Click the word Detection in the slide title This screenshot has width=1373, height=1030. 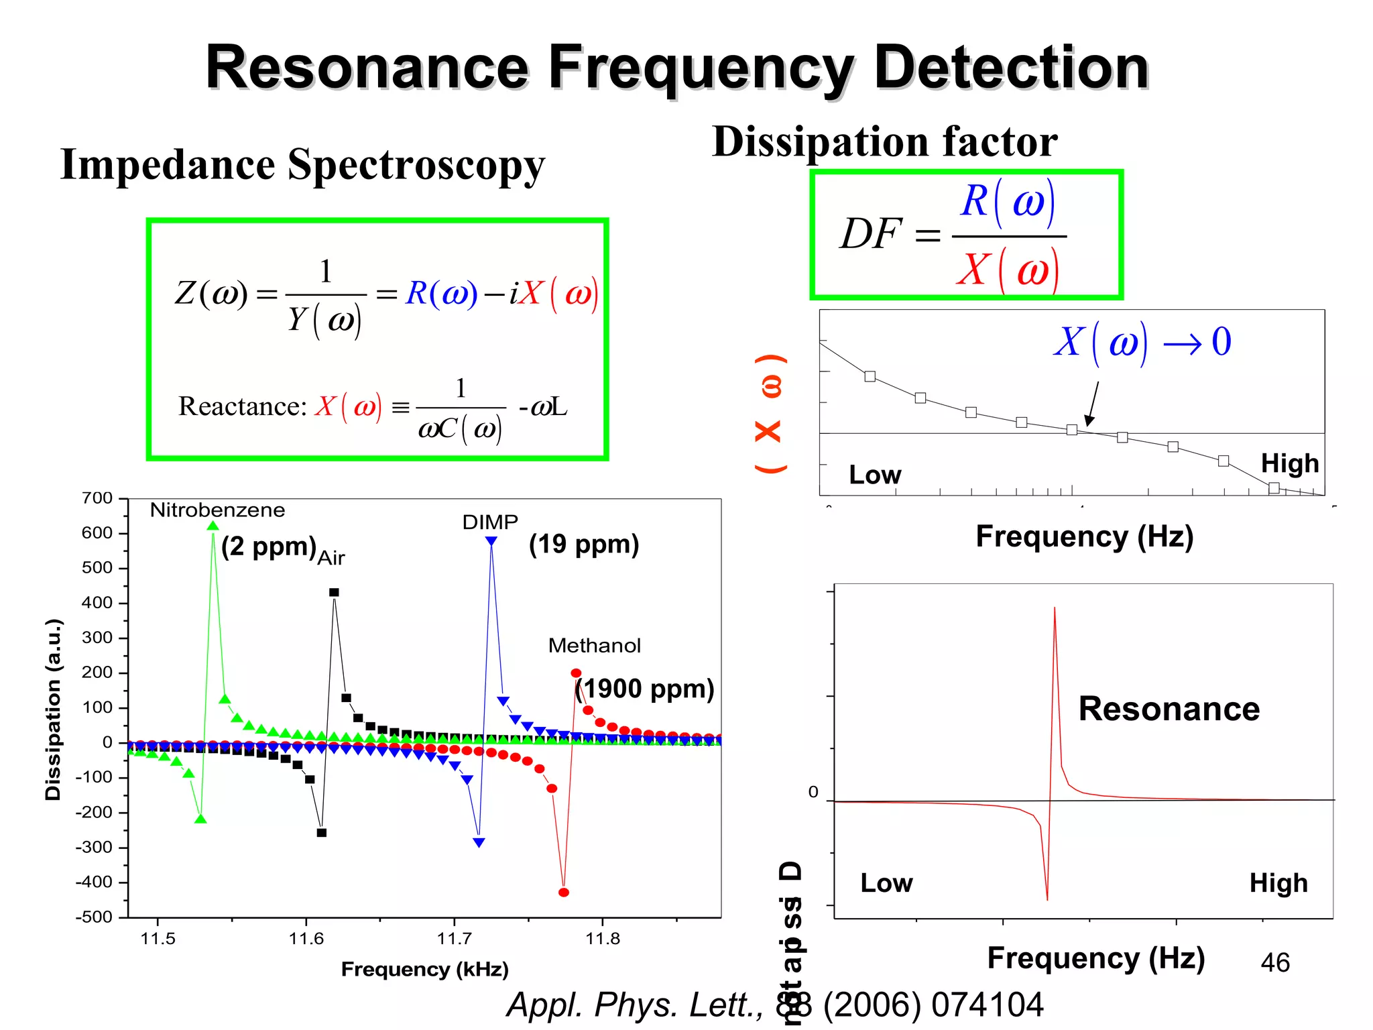point(1011,67)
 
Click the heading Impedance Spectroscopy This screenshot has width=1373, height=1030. point(302,165)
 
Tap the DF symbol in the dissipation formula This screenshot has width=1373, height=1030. point(871,234)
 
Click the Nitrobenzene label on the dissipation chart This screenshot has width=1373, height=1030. point(217,510)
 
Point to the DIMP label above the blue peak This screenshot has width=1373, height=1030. point(490,522)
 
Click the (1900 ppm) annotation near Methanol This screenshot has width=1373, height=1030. point(645,689)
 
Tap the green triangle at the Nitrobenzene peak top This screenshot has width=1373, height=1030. point(213,526)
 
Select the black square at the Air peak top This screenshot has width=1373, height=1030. point(334,592)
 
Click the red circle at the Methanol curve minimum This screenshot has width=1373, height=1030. point(564,893)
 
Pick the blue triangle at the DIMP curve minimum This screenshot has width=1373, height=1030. point(479,842)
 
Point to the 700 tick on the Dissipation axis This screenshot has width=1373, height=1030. point(97,498)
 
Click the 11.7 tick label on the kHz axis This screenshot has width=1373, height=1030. point(455,939)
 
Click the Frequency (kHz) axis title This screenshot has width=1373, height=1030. point(424,970)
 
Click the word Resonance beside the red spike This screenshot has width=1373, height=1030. point(1169,709)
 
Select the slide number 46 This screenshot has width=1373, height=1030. point(1274,963)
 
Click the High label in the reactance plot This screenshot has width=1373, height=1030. point(1289,463)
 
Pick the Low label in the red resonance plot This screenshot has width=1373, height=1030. point(886,883)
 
